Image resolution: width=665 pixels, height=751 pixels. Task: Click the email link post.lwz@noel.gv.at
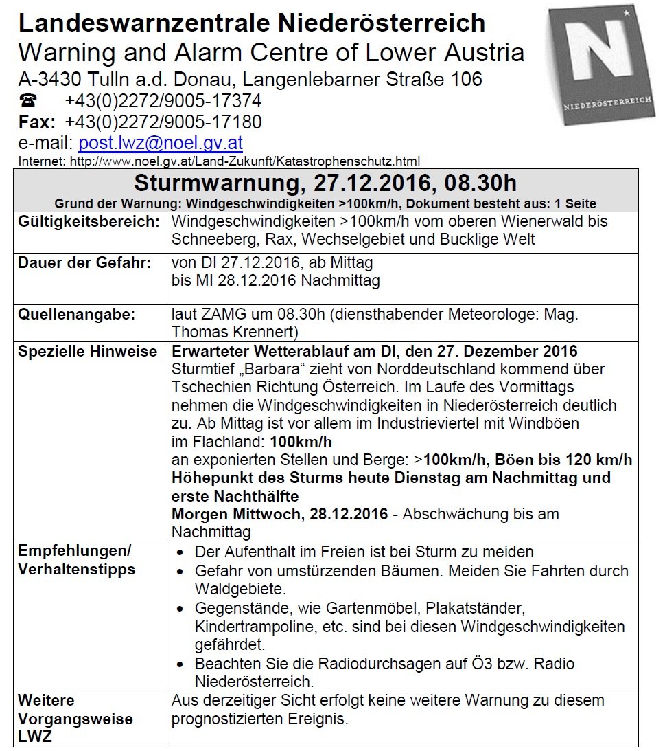[x=161, y=143]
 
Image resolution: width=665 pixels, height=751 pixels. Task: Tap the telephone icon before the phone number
[x=29, y=101]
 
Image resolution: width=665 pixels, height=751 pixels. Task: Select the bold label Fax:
[x=36, y=122]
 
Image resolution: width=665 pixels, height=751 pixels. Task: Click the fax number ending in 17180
[x=163, y=122]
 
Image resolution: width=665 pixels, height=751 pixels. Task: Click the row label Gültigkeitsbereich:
[x=89, y=223]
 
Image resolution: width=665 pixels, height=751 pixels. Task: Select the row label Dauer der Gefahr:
[x=84, y=263]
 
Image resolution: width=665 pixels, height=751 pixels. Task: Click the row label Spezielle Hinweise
[x=87, y=352]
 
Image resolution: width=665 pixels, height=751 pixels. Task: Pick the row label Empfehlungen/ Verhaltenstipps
[x=76, y=560]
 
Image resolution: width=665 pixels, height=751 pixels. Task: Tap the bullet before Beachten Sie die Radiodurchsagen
[x=180, y=664]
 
